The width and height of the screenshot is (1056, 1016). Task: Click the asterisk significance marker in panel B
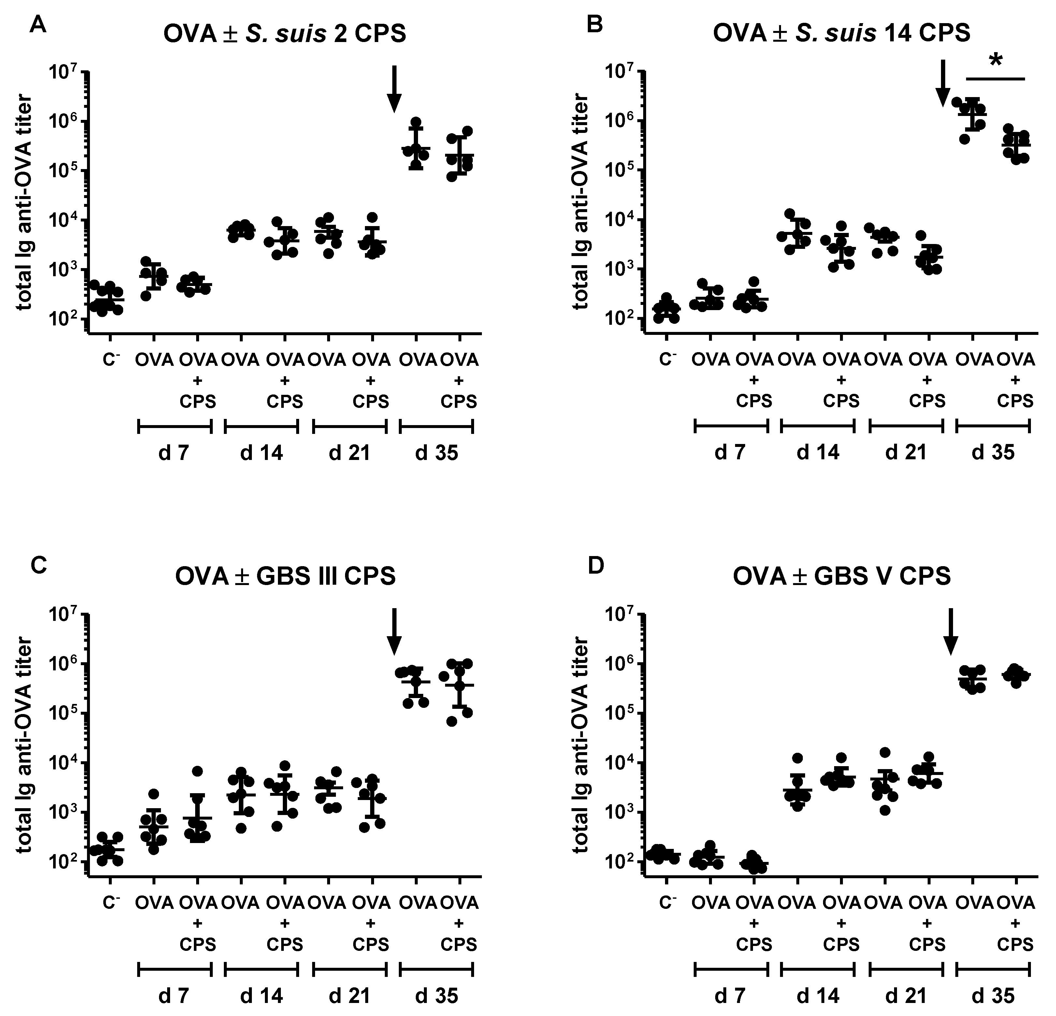pyautogui.click(x=995, y=61)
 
